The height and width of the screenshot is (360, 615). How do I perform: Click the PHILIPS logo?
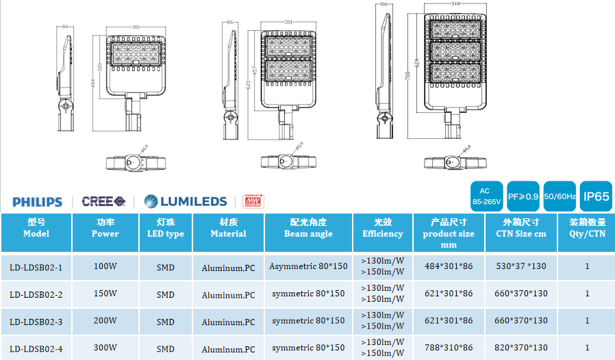click(37, 202)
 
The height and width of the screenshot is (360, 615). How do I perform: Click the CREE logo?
click(103, 201)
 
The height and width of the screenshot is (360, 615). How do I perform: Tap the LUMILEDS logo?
click(186, 201)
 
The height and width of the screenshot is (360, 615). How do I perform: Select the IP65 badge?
click(596, 196)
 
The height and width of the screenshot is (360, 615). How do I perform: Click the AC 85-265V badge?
click(487, 196)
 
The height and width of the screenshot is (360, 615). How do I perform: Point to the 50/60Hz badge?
click(559, 196)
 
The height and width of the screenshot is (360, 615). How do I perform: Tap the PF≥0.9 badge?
click(523, 196)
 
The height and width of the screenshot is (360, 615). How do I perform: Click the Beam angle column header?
click(308, 228)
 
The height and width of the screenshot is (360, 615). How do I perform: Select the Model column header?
click(36, 228)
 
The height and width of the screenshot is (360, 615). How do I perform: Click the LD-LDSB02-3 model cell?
click(36, 321)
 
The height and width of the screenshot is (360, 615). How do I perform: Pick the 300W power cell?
click(105, 348)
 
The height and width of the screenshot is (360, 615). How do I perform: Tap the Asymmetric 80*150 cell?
click(308, 266)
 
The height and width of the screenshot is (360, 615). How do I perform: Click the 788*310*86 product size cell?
click(449, 348)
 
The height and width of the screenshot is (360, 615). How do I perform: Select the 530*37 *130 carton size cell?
click(520, 266)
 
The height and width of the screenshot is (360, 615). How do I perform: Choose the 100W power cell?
click(105, 266)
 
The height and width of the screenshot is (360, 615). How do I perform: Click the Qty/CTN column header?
click(587, 228)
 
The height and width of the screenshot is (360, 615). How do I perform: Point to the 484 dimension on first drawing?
click(94, 83)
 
